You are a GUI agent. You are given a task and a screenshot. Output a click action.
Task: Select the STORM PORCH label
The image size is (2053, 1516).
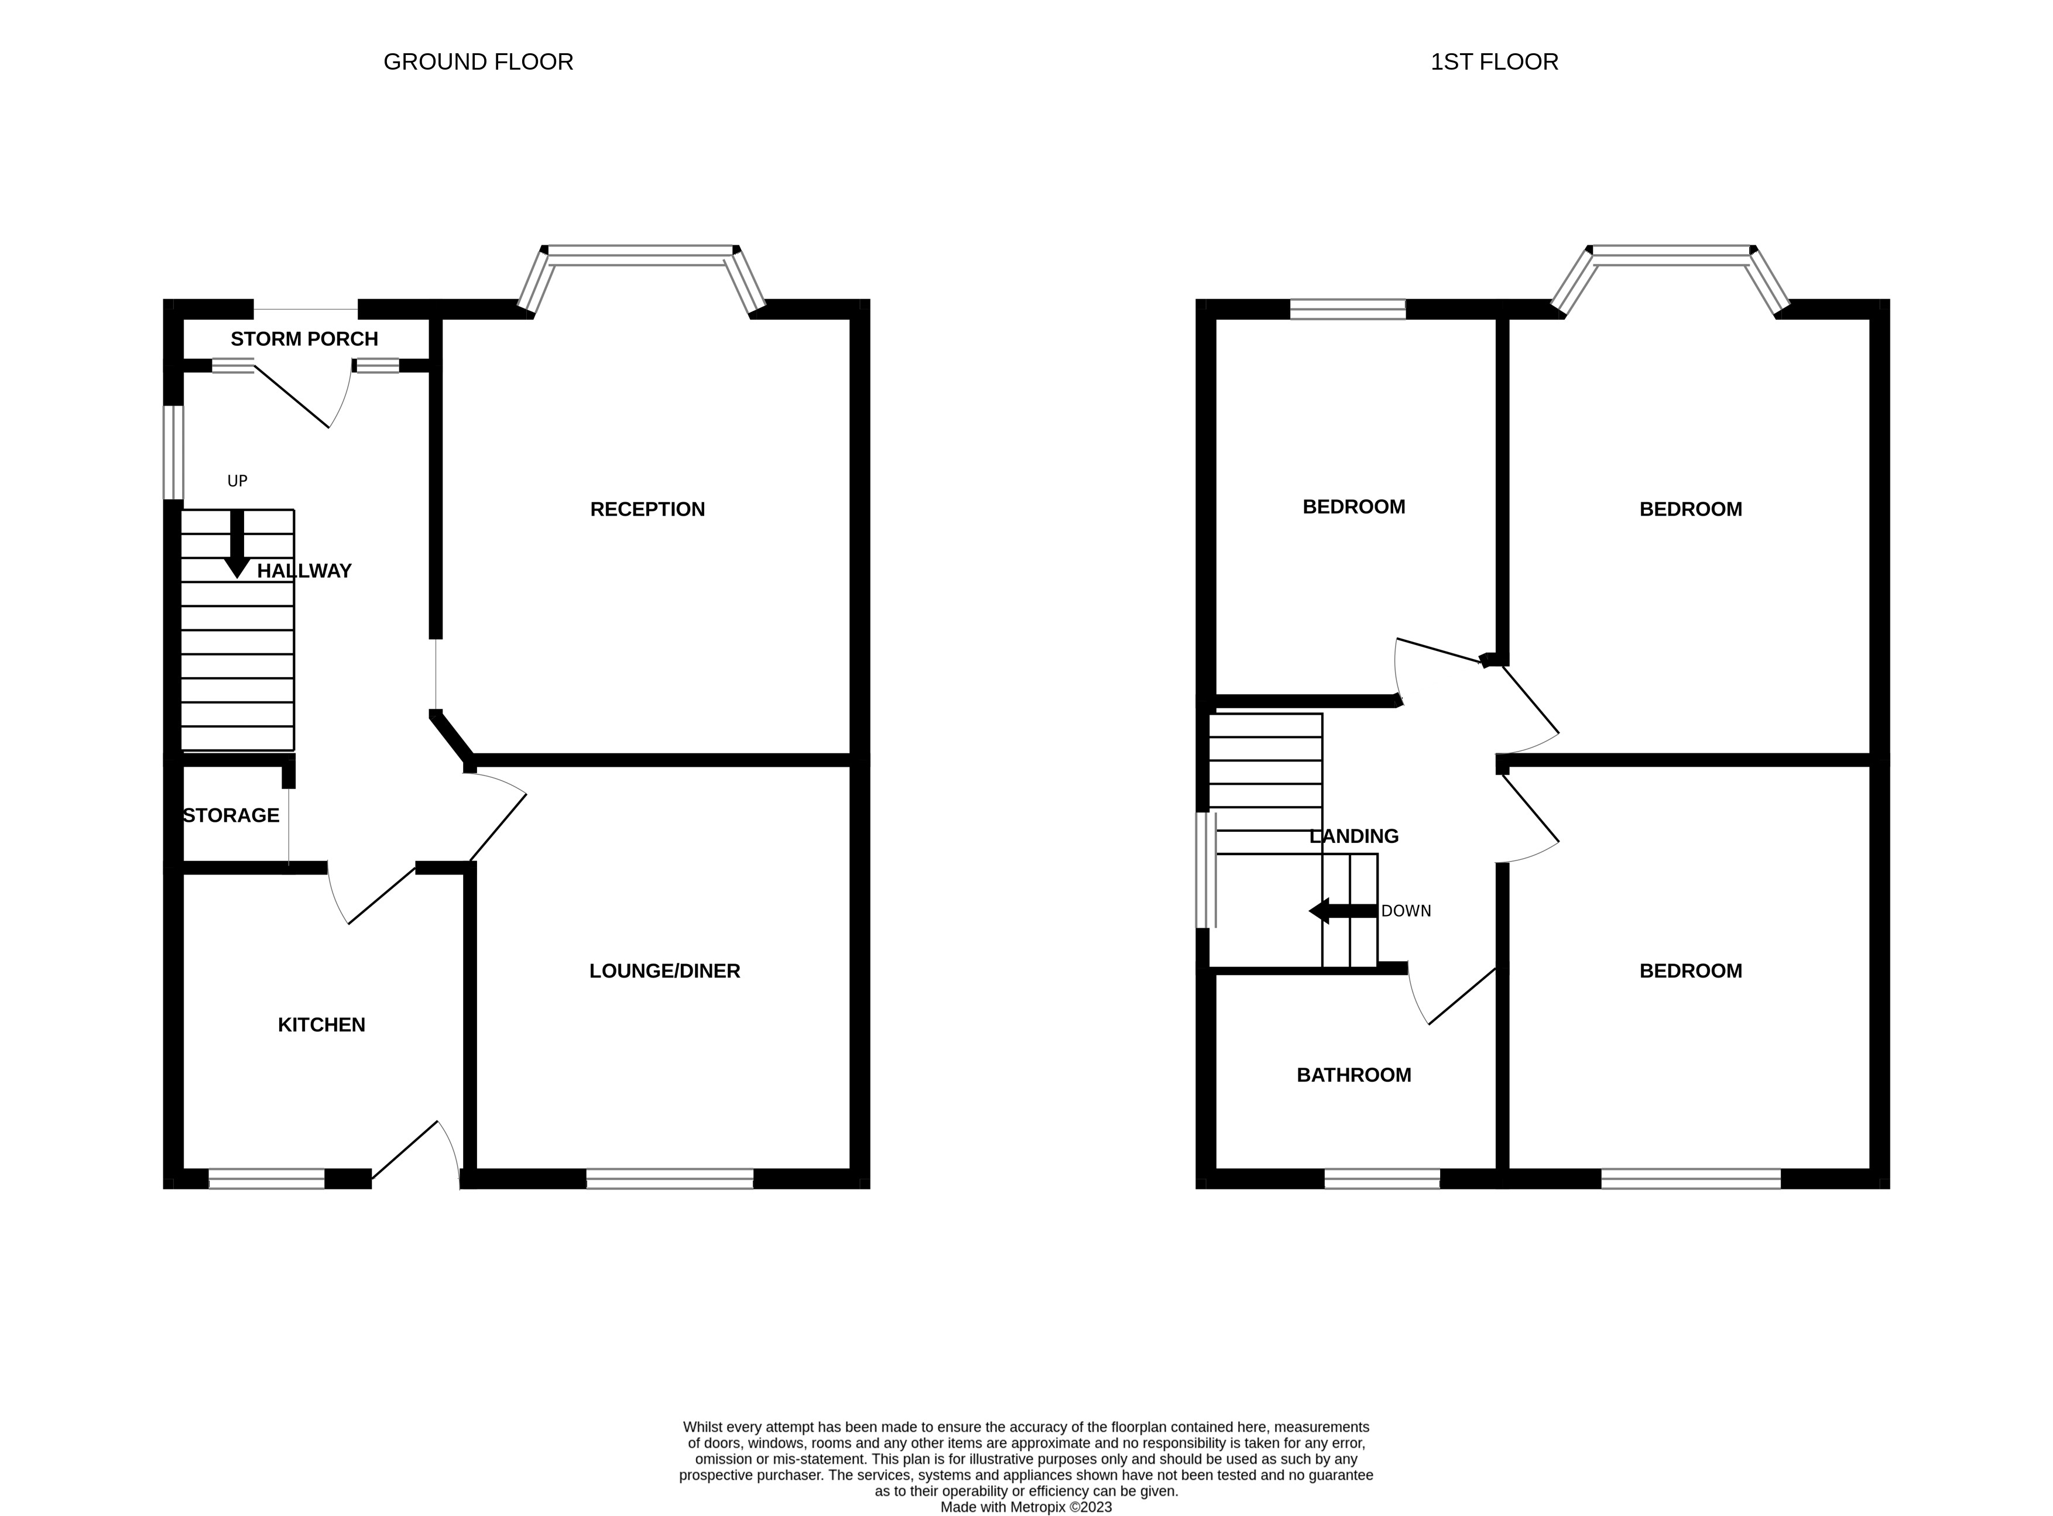[304, 339]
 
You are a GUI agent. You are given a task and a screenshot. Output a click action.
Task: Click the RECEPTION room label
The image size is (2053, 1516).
[647, 509]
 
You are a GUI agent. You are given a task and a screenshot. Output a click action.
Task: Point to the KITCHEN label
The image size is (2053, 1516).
[321, 1025]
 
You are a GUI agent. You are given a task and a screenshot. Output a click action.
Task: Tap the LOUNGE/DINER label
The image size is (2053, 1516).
[664, 971]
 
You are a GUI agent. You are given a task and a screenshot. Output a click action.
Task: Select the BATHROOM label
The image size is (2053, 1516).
[1353, 1075]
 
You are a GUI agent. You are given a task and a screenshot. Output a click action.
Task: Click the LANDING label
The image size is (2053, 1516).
[1353, 836]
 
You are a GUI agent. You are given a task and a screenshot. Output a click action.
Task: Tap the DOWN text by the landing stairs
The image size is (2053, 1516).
[1406, 911]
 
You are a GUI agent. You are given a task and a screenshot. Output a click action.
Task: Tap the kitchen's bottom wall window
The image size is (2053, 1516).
[266, 1179]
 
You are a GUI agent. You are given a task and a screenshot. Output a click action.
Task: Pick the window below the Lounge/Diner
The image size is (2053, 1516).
[669, 1179]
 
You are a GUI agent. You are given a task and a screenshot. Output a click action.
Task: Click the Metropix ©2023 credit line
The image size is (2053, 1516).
[1026, 1507]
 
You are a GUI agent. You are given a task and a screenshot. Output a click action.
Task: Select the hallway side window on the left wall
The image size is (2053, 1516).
[173, 452]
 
